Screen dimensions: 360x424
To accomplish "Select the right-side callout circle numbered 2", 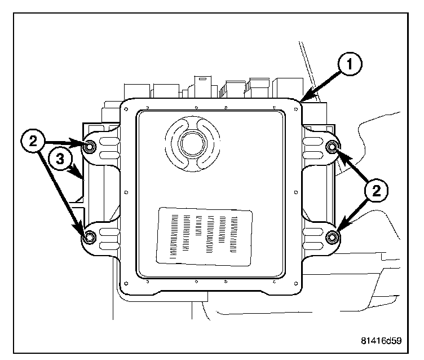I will [376, 190].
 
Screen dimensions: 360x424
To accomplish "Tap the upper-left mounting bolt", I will [90, 148].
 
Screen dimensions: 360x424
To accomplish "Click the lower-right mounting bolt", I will [332, 238].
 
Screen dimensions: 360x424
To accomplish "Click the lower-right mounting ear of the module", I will [319, 238].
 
